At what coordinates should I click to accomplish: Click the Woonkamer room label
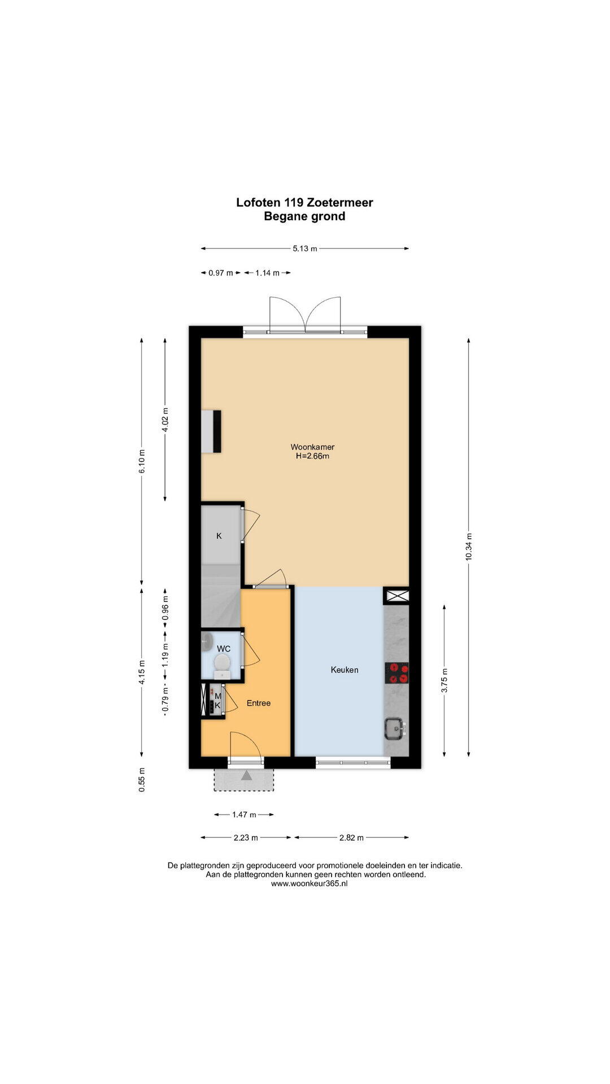312,447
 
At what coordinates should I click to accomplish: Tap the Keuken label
345,670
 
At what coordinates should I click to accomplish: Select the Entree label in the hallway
259,703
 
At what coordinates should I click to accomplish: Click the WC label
224,649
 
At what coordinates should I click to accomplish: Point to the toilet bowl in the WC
222,666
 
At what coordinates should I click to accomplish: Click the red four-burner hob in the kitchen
396,672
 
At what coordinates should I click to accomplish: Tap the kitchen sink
395,728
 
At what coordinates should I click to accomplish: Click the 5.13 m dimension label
305,248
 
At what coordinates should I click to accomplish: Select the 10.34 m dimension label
468,547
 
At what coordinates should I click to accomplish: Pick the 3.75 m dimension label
445,680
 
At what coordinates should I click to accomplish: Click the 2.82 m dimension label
351,838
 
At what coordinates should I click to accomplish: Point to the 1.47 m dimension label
244,815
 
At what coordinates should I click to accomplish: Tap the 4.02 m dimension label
165,419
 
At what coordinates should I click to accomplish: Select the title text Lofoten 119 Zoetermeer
304,202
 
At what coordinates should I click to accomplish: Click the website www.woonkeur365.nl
310,884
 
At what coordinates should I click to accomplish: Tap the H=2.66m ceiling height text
312,456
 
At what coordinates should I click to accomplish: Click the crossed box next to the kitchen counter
396,595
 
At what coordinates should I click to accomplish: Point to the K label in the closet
219,536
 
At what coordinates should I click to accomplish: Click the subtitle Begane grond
304,216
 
